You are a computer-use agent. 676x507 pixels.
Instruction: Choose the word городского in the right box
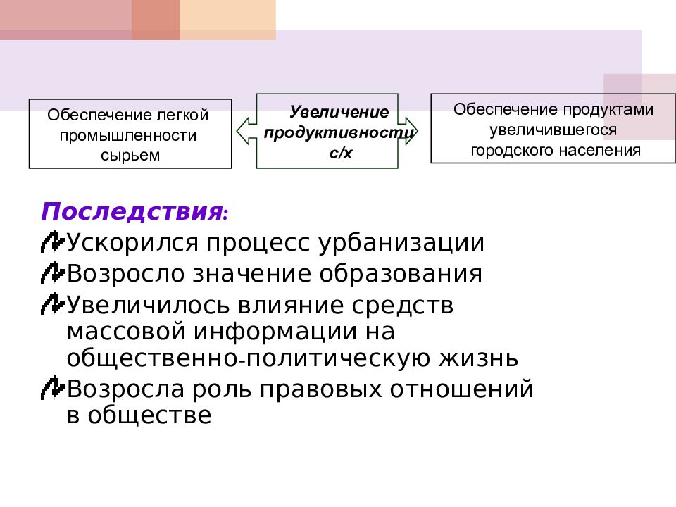pos(512,150)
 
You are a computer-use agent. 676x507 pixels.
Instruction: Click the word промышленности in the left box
pos(128,134)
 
